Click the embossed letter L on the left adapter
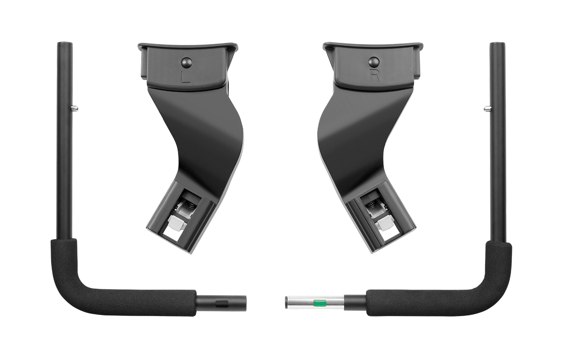tap(185, 77)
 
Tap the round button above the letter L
tap(186, 61)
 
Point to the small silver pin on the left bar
tap(75, 109)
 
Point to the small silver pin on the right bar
tap(487, 109)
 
